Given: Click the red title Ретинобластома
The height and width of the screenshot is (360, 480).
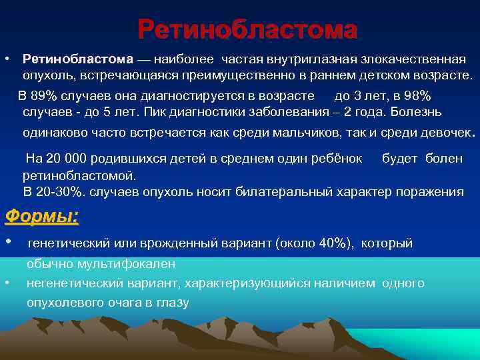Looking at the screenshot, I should [247, 30].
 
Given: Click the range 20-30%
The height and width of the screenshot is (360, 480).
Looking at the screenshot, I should [59, 192].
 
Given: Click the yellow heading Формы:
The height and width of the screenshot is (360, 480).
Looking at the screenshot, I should [41, 217].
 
